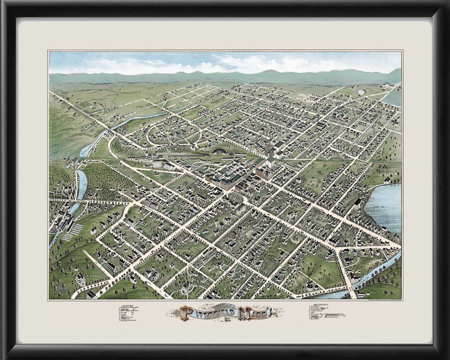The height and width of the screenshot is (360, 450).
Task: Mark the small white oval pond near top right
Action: tap(361, 91)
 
